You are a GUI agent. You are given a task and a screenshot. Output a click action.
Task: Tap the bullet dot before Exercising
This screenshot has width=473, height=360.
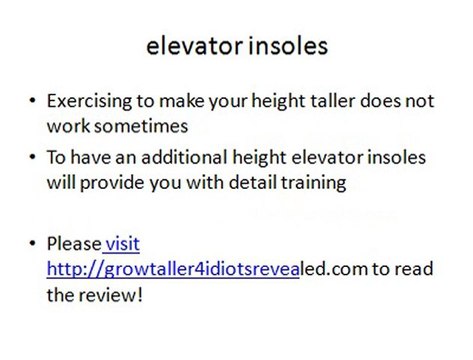[34, 103]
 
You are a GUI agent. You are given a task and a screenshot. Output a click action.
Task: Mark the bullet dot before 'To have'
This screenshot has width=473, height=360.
[34, 159]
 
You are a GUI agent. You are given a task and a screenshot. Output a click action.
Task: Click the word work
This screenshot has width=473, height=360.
[67, 127]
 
